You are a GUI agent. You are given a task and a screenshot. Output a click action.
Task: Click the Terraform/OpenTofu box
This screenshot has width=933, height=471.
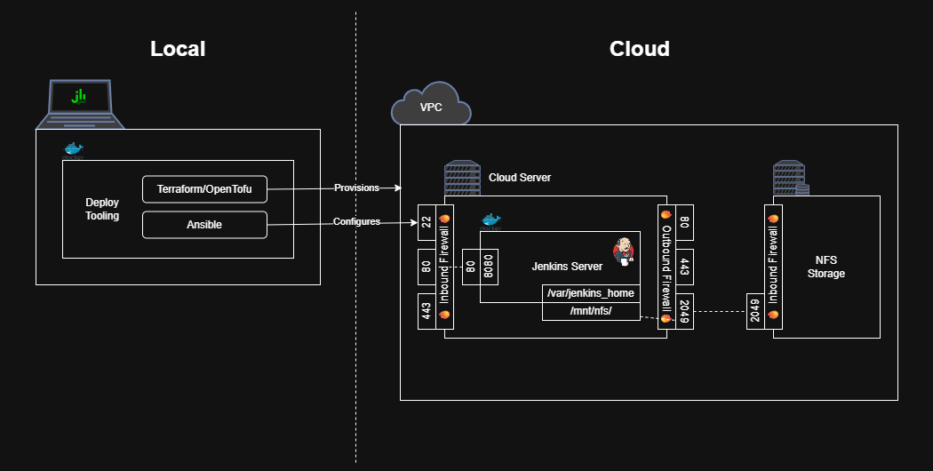point(204,189)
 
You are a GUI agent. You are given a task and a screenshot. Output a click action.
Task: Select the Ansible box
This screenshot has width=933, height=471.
point(204,225)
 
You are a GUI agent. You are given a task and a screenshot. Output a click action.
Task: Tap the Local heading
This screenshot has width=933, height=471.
point(178,49)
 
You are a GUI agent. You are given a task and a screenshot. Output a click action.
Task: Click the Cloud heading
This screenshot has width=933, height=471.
point(640,49)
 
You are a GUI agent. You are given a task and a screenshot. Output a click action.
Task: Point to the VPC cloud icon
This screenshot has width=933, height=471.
point(431,105)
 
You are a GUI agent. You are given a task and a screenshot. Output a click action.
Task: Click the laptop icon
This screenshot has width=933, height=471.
point(80,104)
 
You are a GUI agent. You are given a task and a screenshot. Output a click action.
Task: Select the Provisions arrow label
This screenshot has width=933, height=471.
point(356,188)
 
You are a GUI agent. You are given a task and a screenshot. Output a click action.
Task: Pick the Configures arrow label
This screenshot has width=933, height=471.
point(356,221)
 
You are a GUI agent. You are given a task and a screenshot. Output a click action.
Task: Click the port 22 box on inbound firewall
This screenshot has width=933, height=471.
point(427,222)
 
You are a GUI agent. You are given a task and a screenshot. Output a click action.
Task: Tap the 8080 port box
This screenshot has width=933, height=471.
point(489,267)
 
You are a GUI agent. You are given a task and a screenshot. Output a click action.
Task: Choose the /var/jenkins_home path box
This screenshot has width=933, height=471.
point(591,293)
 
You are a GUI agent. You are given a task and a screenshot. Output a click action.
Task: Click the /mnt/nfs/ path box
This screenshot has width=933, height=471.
point(591,311)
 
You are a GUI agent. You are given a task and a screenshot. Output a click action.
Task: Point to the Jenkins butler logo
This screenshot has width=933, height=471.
point(624,251)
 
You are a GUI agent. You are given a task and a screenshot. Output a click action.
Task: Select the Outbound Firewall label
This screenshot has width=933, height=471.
point(666,268)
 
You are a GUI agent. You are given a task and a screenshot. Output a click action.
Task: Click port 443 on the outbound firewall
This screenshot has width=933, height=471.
point(684,267)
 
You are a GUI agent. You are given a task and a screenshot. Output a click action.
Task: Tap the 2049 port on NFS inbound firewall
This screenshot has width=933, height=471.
point(755,311)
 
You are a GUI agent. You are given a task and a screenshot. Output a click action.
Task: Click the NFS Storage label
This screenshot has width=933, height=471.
point(825,267)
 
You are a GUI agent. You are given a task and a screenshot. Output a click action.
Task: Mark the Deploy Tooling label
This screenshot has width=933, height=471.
point(102,209)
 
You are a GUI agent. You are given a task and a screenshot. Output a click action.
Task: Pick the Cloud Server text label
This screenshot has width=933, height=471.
point(520,178)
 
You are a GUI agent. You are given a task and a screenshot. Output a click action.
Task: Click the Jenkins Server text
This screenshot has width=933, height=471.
point(567,267)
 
